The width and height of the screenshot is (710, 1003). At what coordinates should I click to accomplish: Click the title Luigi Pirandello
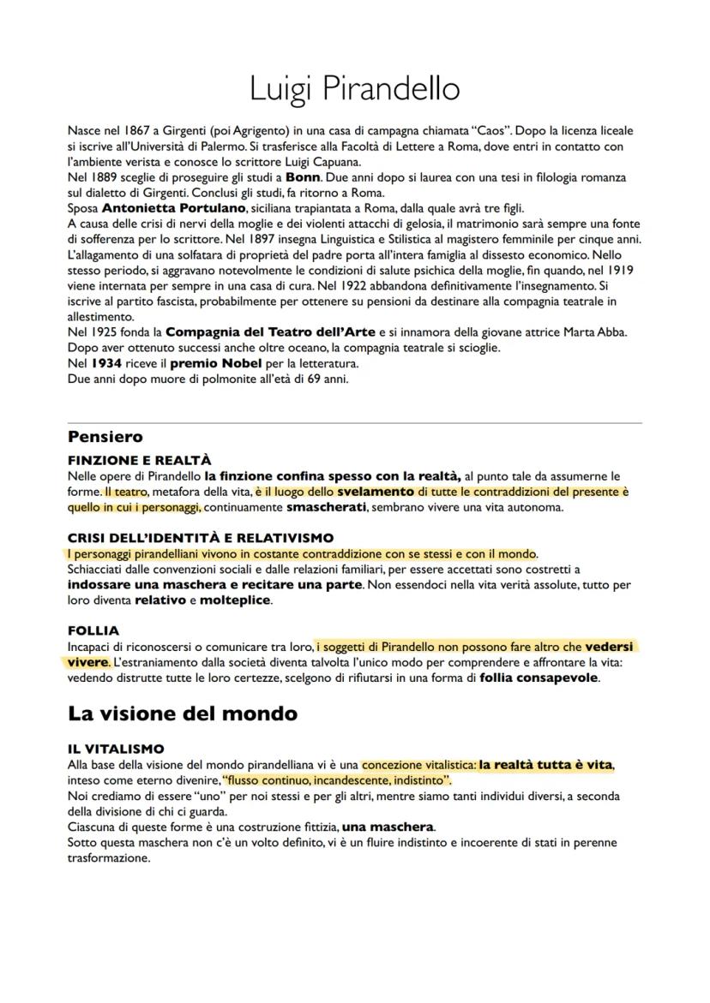[354, 88]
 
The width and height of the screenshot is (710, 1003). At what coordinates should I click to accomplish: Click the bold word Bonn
[304, 177]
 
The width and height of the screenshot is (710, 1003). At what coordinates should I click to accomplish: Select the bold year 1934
[109, 362]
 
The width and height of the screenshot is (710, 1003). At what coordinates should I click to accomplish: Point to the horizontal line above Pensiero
[354, 423]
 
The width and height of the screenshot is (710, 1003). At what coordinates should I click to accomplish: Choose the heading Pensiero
[105, 438]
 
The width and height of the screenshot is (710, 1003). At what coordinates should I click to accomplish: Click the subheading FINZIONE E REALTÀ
[139, 460]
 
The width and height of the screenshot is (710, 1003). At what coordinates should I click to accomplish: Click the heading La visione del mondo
[182, 713]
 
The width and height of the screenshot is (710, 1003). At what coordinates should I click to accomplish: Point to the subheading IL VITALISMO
[116, 749]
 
